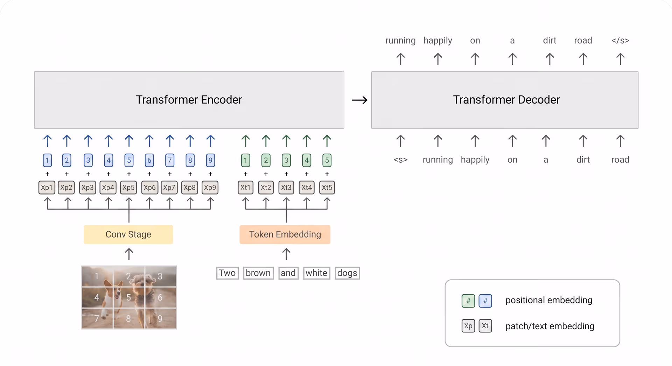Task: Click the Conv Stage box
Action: [128, 234]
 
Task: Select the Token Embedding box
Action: [285, 234]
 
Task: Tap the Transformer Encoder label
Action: [189, 100]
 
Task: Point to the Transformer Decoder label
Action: [506, 100]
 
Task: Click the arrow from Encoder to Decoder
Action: [359, 100]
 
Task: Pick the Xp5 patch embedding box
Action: [128, 188]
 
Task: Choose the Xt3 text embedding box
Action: [286, 188]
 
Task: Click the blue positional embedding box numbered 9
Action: [210, 161]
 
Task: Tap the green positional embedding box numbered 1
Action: [246, 161]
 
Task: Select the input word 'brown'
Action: [258, 273]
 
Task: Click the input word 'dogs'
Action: [347, 273]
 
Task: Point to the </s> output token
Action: [620, 41]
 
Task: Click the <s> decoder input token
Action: [400, 160]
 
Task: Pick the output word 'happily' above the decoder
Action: [438, 41]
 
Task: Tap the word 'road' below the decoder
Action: [620, 160]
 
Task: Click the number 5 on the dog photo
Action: [128, 297]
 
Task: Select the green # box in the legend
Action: [468, 301]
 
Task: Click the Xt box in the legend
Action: [485, 326]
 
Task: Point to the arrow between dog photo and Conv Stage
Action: [129, 254]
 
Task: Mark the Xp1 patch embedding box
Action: [47, 188]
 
